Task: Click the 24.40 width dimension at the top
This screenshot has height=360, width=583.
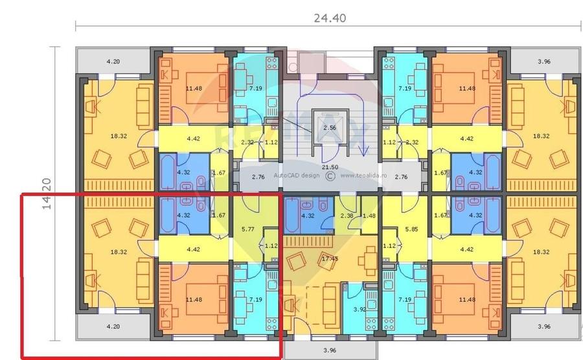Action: pyautogui.click(x=330, y=18)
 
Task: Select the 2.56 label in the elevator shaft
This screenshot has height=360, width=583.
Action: pyautogui.click(x=330, y=128)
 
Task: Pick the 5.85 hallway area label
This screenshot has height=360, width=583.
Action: pyautogui.click(x=410, y=228)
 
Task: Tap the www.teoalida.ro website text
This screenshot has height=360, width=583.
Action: pyautogui.click(x=363, y=175)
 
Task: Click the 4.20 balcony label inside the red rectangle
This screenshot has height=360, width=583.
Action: pyautogui.click(x=113, y=327)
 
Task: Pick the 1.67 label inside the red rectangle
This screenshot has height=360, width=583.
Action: pyautogui.click(x=219, y=216)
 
